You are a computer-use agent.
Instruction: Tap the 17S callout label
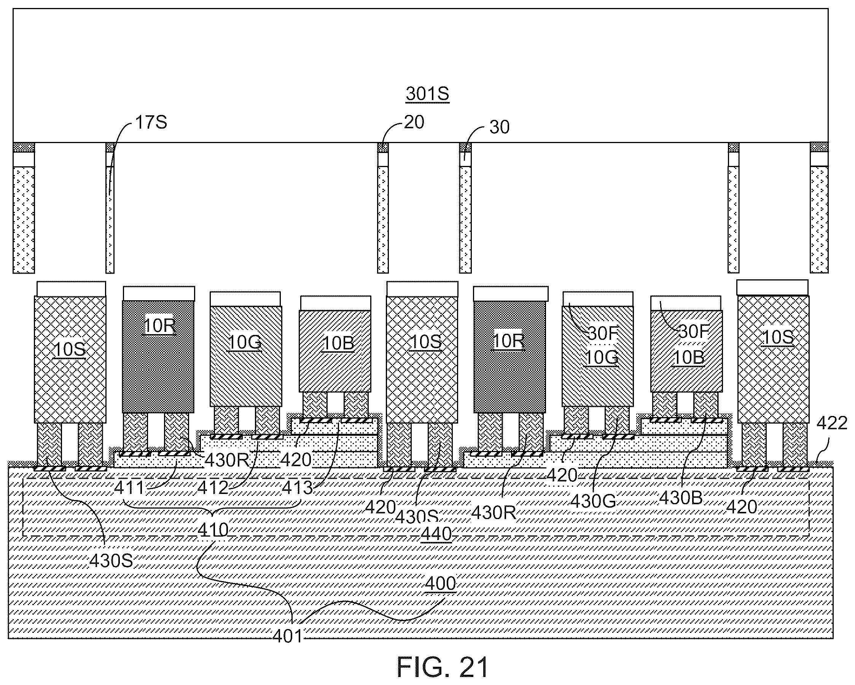151,123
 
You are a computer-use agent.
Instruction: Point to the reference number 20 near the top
414,122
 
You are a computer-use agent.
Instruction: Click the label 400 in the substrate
440,583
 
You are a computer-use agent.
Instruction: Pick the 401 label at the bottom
288,637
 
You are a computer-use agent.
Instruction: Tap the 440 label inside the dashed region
436,534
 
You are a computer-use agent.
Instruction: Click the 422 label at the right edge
832,424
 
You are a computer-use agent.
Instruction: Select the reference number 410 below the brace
213,530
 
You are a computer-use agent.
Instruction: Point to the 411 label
129,488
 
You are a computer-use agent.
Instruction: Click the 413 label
298,487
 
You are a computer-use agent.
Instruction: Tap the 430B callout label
681,498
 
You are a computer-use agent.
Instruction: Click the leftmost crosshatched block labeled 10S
70,359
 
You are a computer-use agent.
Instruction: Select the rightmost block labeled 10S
773,358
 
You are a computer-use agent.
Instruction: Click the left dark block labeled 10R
158,357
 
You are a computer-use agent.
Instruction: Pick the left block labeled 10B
335,351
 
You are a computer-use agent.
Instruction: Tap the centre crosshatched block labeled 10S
422,359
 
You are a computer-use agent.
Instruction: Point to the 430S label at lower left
111,561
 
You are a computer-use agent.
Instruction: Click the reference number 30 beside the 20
499,127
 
